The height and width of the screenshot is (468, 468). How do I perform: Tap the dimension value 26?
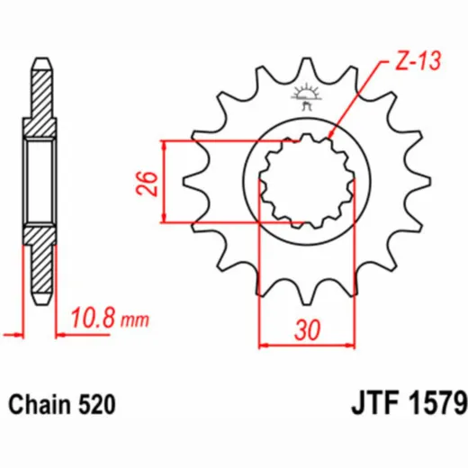point(148,184)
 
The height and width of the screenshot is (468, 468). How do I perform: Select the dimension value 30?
point(307,330)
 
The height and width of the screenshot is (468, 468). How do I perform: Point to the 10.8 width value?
point(93,318)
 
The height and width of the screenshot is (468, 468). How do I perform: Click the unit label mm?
point(135,320)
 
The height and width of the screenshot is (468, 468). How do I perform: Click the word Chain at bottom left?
point(40,404)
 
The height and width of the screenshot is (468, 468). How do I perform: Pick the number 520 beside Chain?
point(96,404)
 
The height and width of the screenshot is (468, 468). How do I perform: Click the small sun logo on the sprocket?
point(306,96)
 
